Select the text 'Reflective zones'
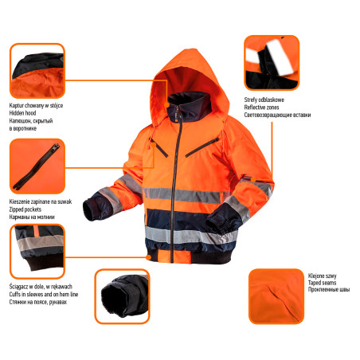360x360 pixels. (x=266, y=108)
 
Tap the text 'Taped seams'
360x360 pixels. (x=324, y=282)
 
